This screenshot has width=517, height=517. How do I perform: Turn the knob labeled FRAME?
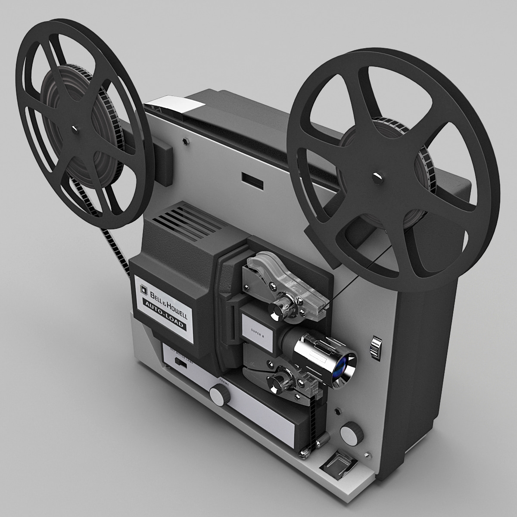[x=219, y=394]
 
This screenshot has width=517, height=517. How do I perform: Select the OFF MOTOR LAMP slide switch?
[x=182, y=364]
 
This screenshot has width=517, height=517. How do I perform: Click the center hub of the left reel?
[x=76, y=128]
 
